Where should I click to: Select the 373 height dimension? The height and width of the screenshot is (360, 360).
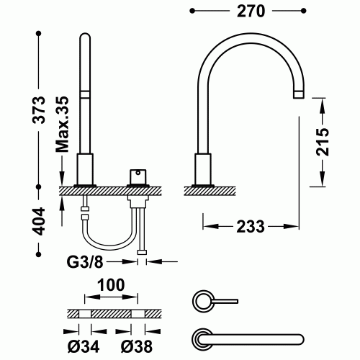[42, 109]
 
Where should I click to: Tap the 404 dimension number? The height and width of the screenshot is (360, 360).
[42, 220]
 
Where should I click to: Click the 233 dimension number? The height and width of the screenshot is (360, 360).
[251, 225]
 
